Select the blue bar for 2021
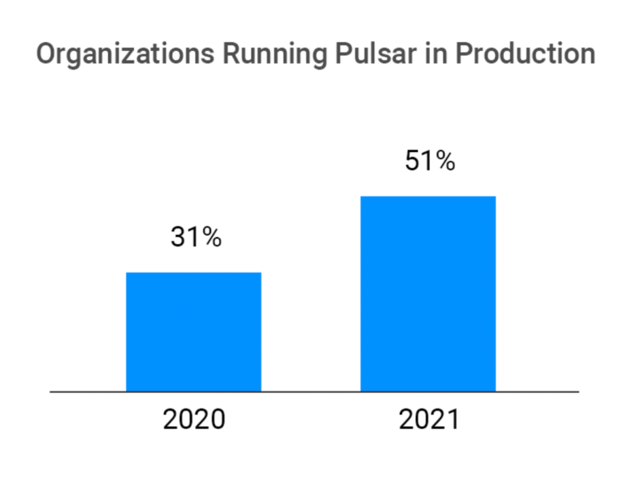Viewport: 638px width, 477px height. pyautogui.click(x=428, y=294)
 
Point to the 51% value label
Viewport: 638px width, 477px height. pyautogui.click(x=429, y=161)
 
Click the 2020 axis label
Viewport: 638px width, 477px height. pyautogui.click(x=194, y=420)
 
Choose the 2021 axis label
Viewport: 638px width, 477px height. pyautogui.click(x=429, y=420)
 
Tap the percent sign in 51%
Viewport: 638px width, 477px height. pyautogui.click(x=445, y=161)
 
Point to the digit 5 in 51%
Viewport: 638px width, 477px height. pyautogui.click(x=413, y=161)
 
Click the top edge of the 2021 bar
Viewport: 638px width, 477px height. pyautogui.click(x=428, y=197)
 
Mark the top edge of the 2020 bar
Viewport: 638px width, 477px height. pyautogui.click(x=194, y=273)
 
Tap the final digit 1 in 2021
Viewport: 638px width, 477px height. pyautogui.click(x=452, y=420)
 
